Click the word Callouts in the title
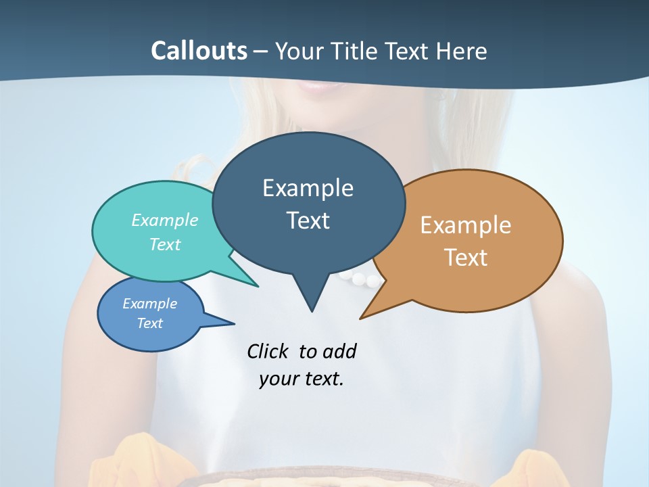pos(199,51)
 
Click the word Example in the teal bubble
pos(165,220)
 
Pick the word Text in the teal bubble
pos(165,244)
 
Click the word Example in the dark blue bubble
pos(308,188)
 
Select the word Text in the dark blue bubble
pos(308,221)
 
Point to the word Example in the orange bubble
pos(466,225)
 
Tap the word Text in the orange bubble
pos(466,258)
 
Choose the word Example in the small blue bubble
pos(149,304)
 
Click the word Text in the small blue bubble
pos(149,323)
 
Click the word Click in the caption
pos(269,351)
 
